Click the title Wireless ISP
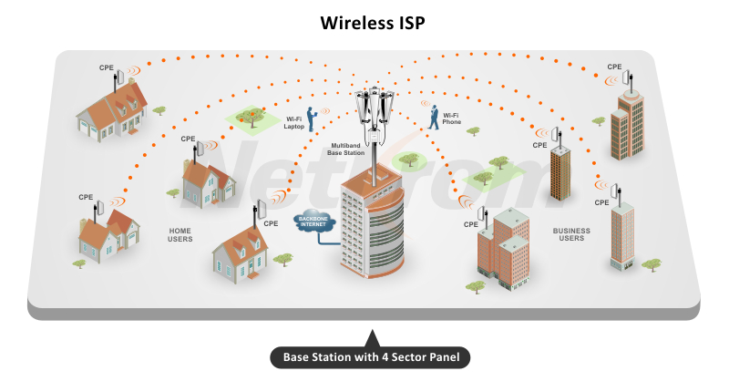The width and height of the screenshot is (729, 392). tap(373, 23)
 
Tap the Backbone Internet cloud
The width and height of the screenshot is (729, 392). tap(313, 221)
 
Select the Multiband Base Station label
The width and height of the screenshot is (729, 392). tap(345, 149)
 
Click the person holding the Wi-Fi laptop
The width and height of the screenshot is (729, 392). tap(311, 119)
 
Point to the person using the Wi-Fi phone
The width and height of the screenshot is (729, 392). tap(434, 117)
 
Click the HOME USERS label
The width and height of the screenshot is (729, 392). tap(180, 235)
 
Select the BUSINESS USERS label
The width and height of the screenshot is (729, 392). tap(571, 234)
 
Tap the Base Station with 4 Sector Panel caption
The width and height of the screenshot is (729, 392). tap(371, 357)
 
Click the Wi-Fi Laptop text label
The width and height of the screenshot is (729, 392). tap(294, 123)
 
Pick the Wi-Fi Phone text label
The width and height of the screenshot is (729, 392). tap(451, 119)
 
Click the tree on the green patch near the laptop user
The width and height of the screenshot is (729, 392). tap(252, 118)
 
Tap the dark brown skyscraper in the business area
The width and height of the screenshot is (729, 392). tap(560, 173)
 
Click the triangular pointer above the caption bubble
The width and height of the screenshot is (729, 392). tap(372, 338)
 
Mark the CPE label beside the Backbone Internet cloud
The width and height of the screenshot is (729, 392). tap(271, 223)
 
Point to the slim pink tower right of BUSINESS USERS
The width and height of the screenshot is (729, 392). tap(622, 236)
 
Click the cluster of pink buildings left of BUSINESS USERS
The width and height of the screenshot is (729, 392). tap(504, 249)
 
